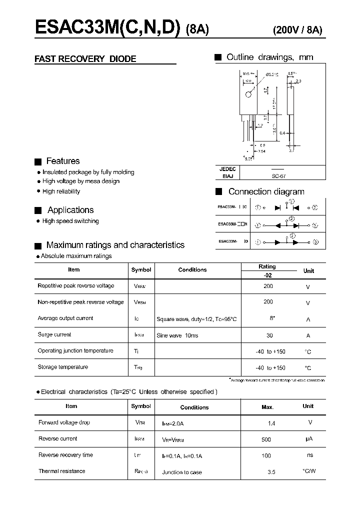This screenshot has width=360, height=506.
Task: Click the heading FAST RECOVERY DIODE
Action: (x=85, y=59)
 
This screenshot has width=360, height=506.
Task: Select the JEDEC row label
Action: (x=227, y=169)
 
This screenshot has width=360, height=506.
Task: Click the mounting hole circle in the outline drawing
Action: (x=248, y=95)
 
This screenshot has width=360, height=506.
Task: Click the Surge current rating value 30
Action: (x=268, y=335)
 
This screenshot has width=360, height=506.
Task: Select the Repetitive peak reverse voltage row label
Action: (x=76, y=286)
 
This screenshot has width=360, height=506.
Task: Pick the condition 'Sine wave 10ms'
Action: (x=177, y=335)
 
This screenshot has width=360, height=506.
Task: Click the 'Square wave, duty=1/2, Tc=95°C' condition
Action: (x=196, y=319)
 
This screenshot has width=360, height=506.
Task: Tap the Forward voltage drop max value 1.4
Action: (x=271, y=423)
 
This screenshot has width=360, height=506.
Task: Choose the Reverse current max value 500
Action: (x=266, y=439)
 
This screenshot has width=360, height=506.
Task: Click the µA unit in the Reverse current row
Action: (x=308, y=439)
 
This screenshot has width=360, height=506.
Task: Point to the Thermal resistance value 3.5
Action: (x=271, y=471)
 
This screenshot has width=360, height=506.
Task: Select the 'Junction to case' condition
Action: (x=182, y=472)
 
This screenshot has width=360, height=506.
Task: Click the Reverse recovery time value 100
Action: (x=266, y=455)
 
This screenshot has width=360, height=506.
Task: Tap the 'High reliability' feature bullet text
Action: (x=61, y=191)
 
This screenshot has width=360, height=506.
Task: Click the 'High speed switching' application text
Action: (x=70, y=221)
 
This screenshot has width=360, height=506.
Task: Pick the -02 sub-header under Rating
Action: (x=267, y=275)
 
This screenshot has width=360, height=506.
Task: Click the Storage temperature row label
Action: (x=63, y=367)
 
